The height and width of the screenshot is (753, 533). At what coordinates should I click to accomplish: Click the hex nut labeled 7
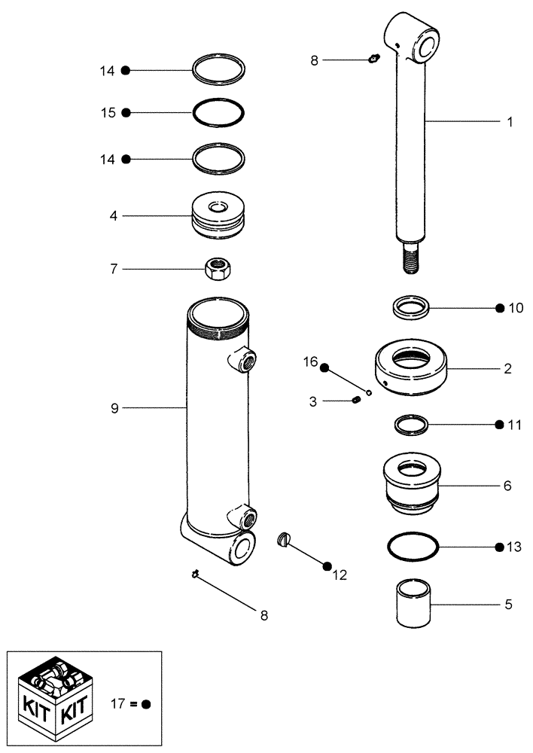click(218, 269)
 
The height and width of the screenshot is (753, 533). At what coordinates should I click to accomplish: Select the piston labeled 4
click(218, 217)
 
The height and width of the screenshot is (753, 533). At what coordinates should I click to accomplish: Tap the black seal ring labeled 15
click(218, 113)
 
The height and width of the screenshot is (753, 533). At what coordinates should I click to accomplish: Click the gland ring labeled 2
click(411, 369)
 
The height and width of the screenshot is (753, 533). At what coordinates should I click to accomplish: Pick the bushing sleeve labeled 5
click(413, 602)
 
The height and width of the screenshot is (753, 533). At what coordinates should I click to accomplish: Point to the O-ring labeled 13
click(413, 547)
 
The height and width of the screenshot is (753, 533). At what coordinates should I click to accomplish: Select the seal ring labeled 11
click(413, 425)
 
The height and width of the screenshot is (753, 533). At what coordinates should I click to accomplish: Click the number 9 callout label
click(114, 407)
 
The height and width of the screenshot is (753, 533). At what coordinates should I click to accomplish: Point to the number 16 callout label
click(309, 363)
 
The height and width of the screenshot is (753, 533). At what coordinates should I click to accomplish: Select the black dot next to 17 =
click(146, 705)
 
